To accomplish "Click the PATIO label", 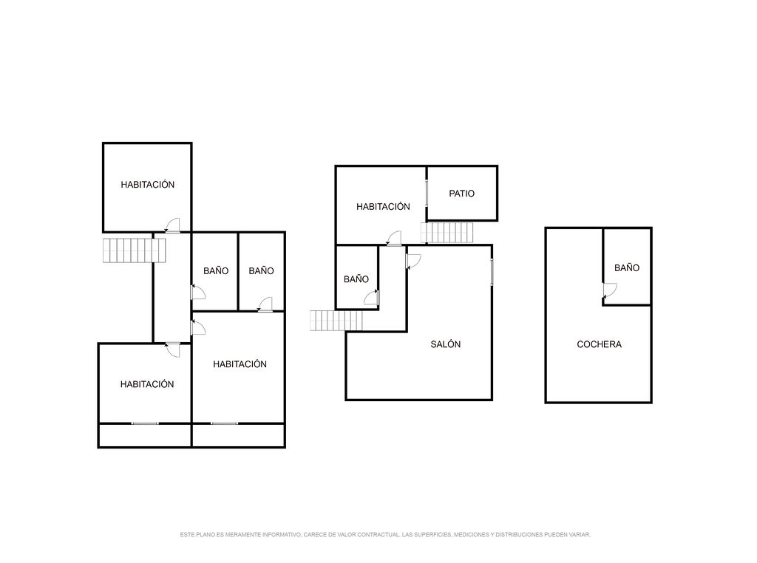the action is pos(461,194).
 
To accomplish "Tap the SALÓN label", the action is pos(445,344).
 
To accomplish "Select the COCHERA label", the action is pos(599,344).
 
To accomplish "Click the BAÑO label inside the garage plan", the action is pos(627,267).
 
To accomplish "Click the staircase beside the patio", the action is pos(447,233).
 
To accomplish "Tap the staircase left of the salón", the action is pos(336,321).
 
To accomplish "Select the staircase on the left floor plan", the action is pos(135,250).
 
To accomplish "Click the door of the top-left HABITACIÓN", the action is pos(172,225).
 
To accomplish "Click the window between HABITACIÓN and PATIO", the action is pos(427,194).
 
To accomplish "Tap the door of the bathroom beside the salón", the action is pos(371,298).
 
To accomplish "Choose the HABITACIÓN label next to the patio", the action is pos(383,206).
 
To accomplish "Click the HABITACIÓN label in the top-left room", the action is pos(147,184).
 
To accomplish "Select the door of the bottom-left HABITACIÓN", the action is pos(173,349).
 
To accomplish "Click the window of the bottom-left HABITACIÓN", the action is pos(145,423).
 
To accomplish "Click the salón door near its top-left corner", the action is pos(414,262).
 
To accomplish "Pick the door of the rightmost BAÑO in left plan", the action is pos(265,304).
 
